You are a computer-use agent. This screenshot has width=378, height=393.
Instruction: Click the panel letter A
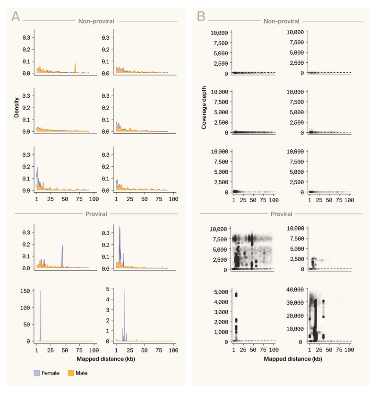16,17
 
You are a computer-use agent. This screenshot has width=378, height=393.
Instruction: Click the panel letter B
201,17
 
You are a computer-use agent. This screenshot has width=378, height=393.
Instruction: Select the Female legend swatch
37,373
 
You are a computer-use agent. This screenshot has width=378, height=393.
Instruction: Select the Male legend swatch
72,373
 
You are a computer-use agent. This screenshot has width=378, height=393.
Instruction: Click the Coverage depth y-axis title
204,110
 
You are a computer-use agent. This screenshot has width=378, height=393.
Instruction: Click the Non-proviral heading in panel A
96,21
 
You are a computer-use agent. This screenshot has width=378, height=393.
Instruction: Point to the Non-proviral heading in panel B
282,21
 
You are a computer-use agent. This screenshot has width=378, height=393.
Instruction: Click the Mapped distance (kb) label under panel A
94,359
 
